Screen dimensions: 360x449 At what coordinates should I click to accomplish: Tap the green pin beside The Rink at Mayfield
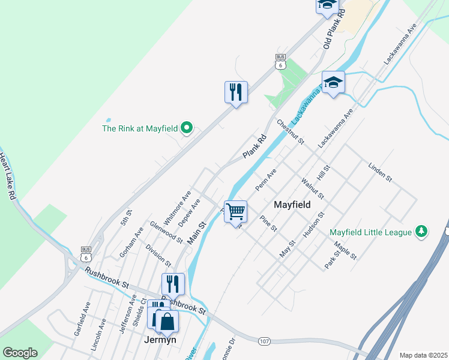186,127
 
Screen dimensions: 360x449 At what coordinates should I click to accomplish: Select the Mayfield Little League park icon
421,232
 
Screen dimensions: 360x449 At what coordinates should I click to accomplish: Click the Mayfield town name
292,205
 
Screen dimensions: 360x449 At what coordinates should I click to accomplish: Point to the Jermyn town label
160,339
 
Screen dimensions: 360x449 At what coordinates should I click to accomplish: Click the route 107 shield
264,341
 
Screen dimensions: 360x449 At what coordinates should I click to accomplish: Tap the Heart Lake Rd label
7,176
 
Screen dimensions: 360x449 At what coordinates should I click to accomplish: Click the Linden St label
380,171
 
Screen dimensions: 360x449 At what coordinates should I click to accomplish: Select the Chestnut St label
291,132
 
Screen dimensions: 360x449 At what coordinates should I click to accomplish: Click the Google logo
20,353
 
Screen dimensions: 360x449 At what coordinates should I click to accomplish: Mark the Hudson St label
314,225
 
